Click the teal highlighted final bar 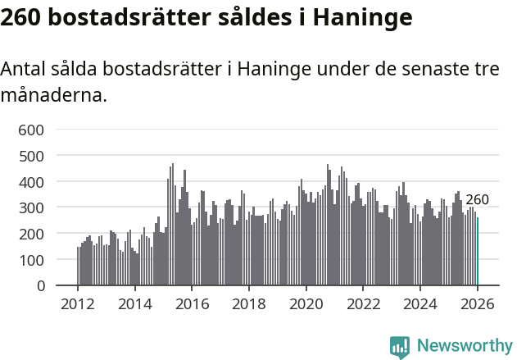(478, 251)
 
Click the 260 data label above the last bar (477, 199)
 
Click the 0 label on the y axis (39, 286)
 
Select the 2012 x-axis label (78, 303)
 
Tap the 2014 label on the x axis (135, 303)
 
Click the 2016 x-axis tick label (192, 303)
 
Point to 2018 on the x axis (249, 303)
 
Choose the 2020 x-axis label (306, 303)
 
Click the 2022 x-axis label (363, 303)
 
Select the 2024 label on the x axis (420, 303)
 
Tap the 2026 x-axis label (477, 303)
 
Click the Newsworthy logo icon (400, 347)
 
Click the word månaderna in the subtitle (53, 95)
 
